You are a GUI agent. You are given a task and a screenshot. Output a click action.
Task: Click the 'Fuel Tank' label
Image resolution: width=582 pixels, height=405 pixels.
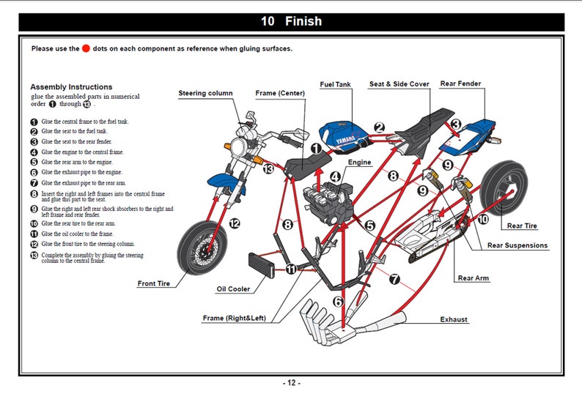[x=335, y=84]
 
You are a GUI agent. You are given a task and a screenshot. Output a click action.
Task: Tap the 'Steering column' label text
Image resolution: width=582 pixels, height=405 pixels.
[x=206, y=93]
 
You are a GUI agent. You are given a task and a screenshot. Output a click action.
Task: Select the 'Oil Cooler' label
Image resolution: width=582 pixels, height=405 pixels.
[x=233, y=289]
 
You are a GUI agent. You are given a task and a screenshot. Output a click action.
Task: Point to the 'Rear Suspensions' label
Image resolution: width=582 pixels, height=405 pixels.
[x=517, y=245]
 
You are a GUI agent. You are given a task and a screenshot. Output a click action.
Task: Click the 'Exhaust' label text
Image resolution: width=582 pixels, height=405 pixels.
[x=454, y=319]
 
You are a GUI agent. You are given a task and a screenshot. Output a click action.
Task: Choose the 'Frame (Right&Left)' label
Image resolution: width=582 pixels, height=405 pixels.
[x=235, y=318]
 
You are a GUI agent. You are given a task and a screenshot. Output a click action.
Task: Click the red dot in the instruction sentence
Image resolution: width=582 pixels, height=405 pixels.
[x=86, y=48]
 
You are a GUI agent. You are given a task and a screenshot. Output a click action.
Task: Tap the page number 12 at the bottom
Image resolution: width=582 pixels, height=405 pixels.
[x=292, y=383]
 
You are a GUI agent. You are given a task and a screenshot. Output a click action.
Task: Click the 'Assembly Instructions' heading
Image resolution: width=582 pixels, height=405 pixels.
[x=71, y=86]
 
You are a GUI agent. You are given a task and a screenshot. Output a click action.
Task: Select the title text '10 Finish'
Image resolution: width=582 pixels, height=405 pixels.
[x=292, y=21]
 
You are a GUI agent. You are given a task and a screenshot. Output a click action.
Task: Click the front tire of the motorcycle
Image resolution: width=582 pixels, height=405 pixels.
[x=202, y=248]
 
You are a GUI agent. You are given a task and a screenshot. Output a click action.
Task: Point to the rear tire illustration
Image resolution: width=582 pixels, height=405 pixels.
[x=504, y=188]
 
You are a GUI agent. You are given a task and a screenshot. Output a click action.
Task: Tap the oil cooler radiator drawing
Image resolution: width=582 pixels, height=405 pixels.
[x=261, y=265]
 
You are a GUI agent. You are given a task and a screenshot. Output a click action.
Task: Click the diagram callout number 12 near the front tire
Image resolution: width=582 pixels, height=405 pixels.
[x=235, y=223]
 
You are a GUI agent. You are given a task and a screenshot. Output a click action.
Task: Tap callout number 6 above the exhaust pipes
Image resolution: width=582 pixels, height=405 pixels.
[x=338, y=302]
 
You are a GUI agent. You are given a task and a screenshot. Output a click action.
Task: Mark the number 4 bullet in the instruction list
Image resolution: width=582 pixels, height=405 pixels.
[x=34, y=152]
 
